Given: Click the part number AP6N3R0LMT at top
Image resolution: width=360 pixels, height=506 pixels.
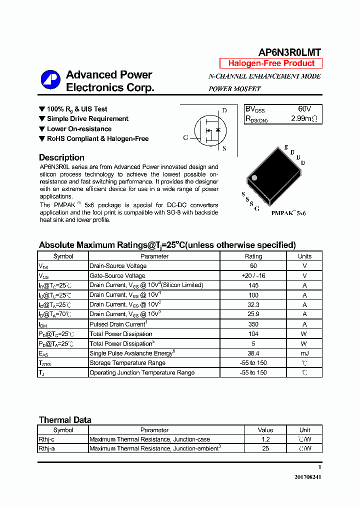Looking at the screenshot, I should coord(289,52).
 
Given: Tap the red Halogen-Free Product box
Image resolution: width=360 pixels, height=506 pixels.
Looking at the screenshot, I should coord(271,63).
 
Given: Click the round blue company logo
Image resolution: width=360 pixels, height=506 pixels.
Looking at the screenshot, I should coord(50,80).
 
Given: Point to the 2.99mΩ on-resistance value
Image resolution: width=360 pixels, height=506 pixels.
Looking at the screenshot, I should coord(304,119).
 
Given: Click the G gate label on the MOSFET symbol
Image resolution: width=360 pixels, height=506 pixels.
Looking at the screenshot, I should coord(185,138).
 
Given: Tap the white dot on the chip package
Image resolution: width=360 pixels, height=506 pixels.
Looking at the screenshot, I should coord(253,177).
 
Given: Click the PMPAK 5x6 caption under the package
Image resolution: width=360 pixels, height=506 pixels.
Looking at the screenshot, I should coord(288,213).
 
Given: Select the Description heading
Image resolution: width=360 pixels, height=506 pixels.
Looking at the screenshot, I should coord(61,157).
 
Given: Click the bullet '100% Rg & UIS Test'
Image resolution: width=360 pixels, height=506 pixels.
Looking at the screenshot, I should coord(76,109).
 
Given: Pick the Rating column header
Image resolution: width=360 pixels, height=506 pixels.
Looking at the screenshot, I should coord(253,256).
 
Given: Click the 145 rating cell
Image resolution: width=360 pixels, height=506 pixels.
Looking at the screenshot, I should coord(253,285).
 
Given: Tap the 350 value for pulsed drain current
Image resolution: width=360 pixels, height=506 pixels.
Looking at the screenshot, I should coord(253,324).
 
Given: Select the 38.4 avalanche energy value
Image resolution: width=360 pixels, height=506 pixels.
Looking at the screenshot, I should coord(253,353).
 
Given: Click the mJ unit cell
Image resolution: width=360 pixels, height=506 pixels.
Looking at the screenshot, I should coord(304,353).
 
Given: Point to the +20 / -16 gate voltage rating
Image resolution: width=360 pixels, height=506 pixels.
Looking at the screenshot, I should coord(253,275).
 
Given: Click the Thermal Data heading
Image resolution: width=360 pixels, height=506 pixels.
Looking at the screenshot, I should coord(65,420).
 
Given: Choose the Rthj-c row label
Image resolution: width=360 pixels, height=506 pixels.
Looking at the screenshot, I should coord(46,439).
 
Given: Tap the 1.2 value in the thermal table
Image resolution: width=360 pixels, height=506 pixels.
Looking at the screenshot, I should coord(265,439).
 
